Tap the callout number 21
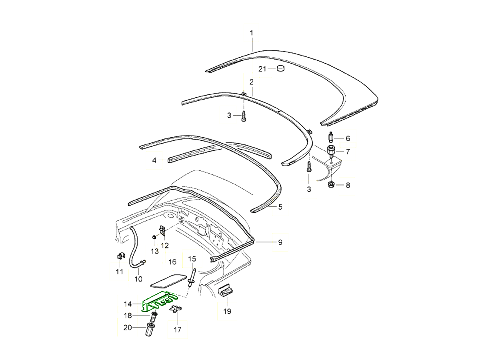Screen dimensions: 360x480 [262, 69]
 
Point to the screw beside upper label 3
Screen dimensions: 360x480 [244, 116]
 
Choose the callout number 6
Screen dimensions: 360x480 [348, 138]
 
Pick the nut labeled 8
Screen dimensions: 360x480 [331, 185]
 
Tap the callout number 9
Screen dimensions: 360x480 [280, 242]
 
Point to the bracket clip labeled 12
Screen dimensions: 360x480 [162, 231]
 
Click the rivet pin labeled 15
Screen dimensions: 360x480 [192, 276]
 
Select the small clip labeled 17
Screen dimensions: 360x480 [175, 310]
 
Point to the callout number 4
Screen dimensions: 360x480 [154, 161]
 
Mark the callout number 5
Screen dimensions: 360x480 [280, 207]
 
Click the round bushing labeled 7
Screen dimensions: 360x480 [331, 151]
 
